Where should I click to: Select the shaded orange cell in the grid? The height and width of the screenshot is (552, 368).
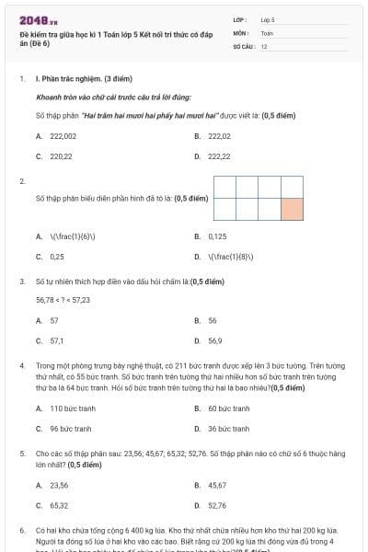click(291, 209)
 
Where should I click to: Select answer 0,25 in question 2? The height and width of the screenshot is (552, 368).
click(57, 257)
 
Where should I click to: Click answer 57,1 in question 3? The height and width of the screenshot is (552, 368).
click(56, 340)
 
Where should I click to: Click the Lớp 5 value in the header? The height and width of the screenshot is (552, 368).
click(268, 19)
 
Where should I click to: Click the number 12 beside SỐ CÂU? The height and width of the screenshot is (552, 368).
click(264, 45)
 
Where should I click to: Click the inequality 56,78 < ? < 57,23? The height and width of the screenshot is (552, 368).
click(63, 300)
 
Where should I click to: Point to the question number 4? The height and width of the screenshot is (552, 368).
click(22, 365)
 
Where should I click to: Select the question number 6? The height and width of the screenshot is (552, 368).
click(22, 531)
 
